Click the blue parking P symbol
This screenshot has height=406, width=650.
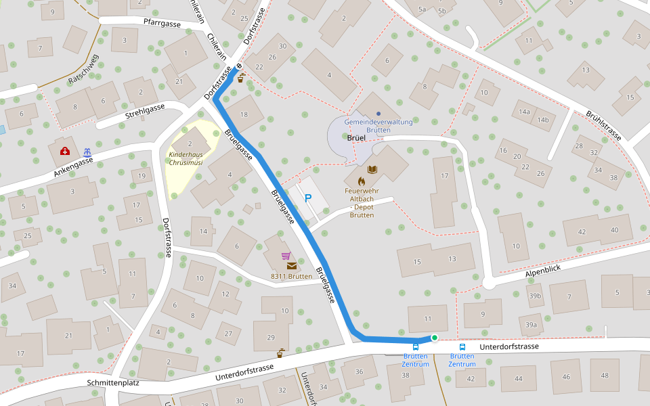point(308,198)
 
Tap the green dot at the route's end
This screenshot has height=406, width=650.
point(434,337)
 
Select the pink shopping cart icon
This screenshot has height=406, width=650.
point(286,256)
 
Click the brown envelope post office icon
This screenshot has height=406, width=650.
point(291,266)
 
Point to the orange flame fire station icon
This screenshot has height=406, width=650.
point(361,181)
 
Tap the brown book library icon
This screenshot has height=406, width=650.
point(372,169)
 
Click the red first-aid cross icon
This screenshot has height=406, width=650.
point(65,151)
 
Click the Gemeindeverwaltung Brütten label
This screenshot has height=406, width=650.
point(378,125)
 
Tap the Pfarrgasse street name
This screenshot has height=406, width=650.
point(162,24)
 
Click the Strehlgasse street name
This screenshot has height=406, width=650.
point(145,111)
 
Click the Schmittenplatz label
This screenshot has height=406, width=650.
point(112,382)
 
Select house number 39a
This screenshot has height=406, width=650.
point(531,325)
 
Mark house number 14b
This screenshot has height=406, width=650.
point(542,120)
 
